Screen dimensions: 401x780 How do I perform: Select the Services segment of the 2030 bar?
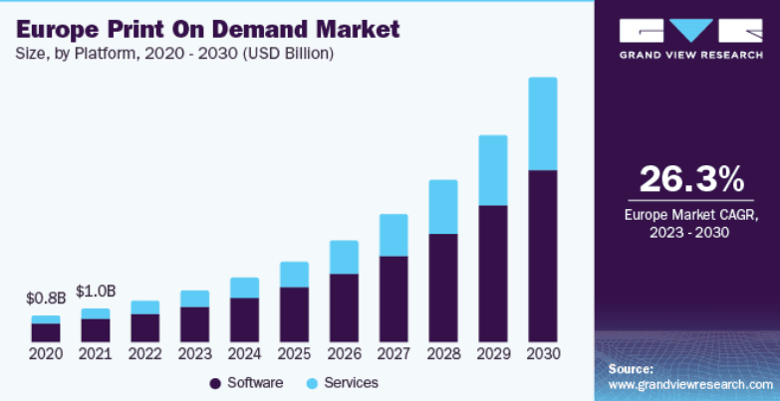(542, 123)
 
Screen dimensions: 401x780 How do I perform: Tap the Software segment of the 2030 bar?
(542, 256)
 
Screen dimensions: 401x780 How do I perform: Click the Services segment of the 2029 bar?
(492, 170)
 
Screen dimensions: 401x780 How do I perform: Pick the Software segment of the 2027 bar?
(393, 299)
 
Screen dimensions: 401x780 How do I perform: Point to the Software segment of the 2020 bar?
(46, 332)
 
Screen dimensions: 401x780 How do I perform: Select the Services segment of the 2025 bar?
(294, 275)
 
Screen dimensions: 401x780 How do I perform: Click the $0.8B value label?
(46, 298)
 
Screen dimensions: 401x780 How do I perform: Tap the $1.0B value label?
(96, 291)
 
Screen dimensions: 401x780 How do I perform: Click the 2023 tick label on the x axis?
(195, 354)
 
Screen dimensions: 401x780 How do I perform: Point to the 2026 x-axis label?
(344, 354)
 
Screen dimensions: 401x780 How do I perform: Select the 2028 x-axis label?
(443, 354)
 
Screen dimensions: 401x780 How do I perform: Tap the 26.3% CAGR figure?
(690, 179)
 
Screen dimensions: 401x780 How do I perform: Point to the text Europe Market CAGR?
(691, 215)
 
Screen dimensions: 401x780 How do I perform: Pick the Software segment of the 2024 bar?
(244, 319)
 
